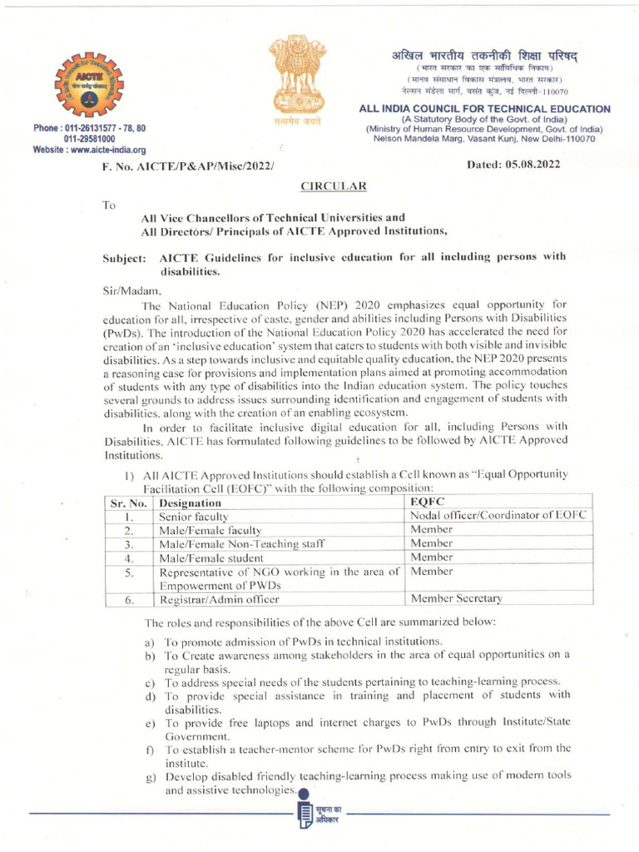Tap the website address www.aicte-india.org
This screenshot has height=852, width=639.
click(x=89, y=151)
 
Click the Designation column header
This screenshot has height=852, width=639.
click(x=191, y=503)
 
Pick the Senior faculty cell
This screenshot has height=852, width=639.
click(x=193, y=518)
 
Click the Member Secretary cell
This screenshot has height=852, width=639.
click(x=457, y=598)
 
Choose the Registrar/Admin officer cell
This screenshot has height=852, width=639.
click(x=215, y=599)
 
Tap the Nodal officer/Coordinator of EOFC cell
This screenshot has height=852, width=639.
click(x=498, y=517)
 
